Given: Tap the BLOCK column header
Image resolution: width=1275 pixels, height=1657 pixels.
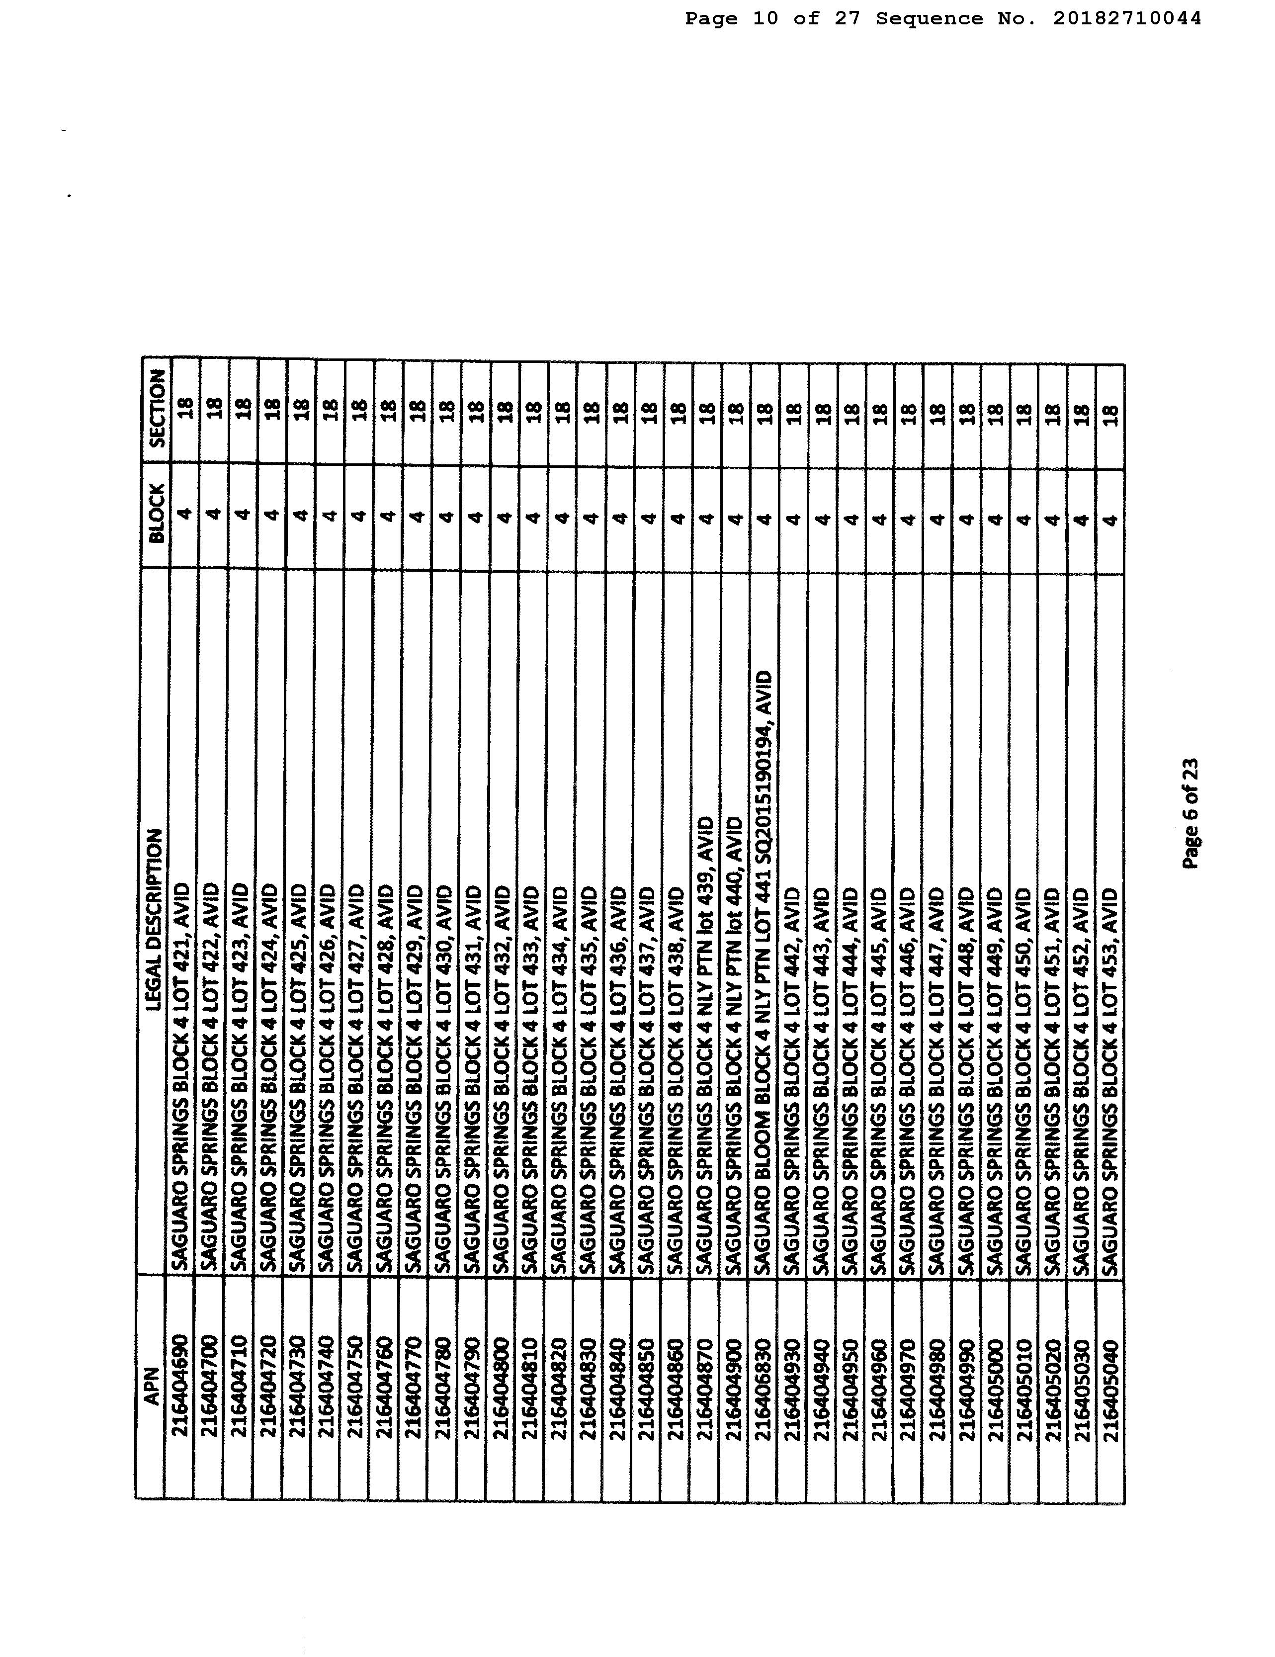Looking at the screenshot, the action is pyautogui.click(x=157, y=515).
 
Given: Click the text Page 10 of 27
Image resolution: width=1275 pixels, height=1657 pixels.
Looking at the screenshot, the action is pyautogui.click(x=772, y=18).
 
